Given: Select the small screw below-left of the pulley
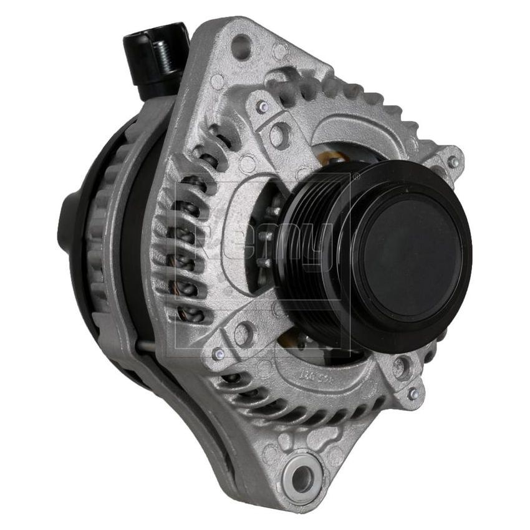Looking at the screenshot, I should point(218,354).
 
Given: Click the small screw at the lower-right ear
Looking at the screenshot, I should point(412,393).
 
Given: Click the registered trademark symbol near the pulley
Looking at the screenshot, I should point(356,177).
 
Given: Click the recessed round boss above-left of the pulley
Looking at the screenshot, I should point(279,133).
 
